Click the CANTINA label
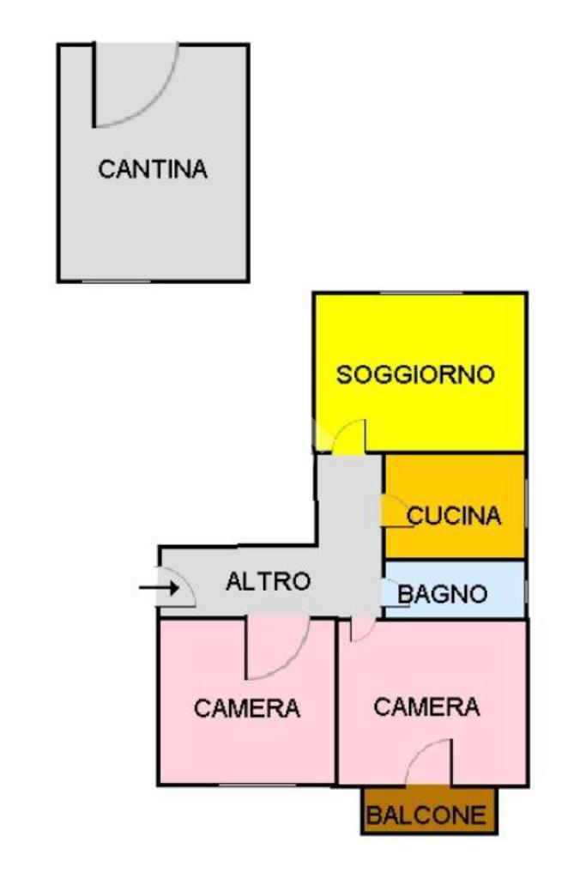[x=153, y=169]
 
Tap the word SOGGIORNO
[x=415, y=375]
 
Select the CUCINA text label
[x=453, y=516]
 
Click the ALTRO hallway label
[x=268, y=581]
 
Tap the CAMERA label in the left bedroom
[x=247, y=709]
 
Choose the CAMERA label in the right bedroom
[x=426, y=707]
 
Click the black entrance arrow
[x=156, y=588]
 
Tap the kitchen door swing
[x=396, y=512]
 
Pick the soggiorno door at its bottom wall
[x=349, y=435]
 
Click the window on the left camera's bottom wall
[x=249, y=784]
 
